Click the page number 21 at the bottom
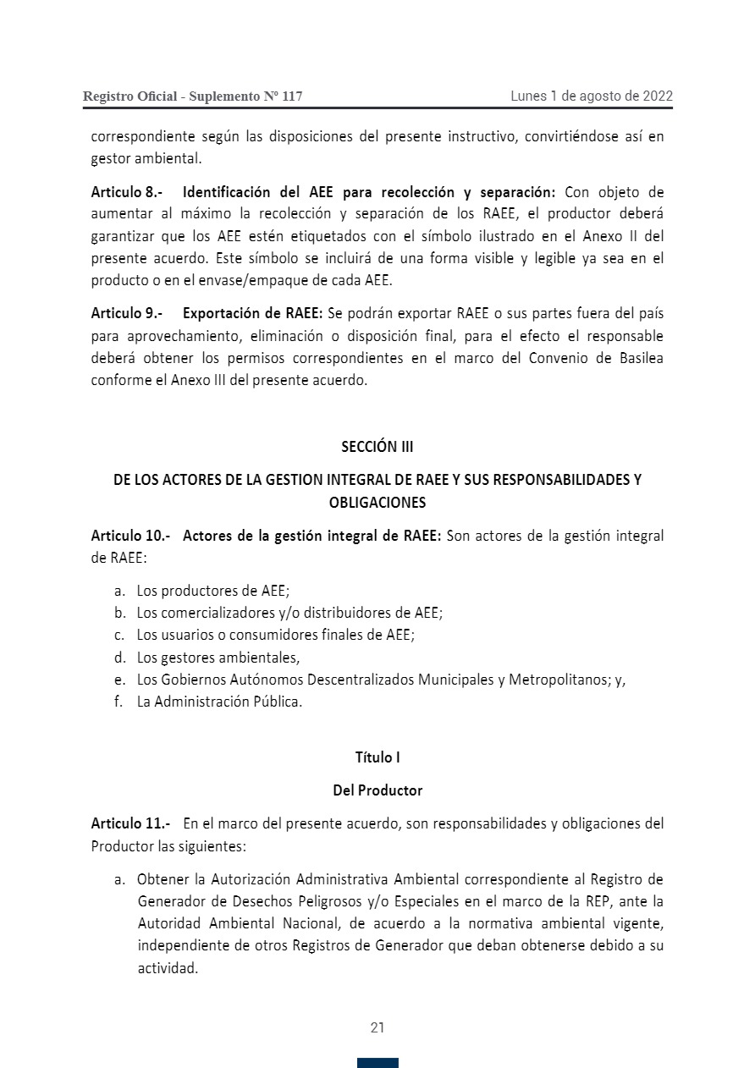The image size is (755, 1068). tap(377, 1028)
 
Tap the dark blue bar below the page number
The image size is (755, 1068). tap(377, 1063)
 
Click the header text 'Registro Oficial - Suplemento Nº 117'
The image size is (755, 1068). tap(192, 96)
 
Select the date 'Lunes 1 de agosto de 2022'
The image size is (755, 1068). tap(591, 96)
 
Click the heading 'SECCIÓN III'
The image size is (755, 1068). tap(377, 446)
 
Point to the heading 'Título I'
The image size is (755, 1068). tap(377, 757)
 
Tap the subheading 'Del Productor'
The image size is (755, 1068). tap(377, 790)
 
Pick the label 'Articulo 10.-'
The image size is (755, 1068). tap(130, 536)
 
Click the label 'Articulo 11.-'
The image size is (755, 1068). tap(130, 823)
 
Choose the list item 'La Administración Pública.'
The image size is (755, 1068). tap(219, 702)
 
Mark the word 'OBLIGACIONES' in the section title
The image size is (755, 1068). tap(377, 502)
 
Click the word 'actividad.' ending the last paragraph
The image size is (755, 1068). tap(168, 969)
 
